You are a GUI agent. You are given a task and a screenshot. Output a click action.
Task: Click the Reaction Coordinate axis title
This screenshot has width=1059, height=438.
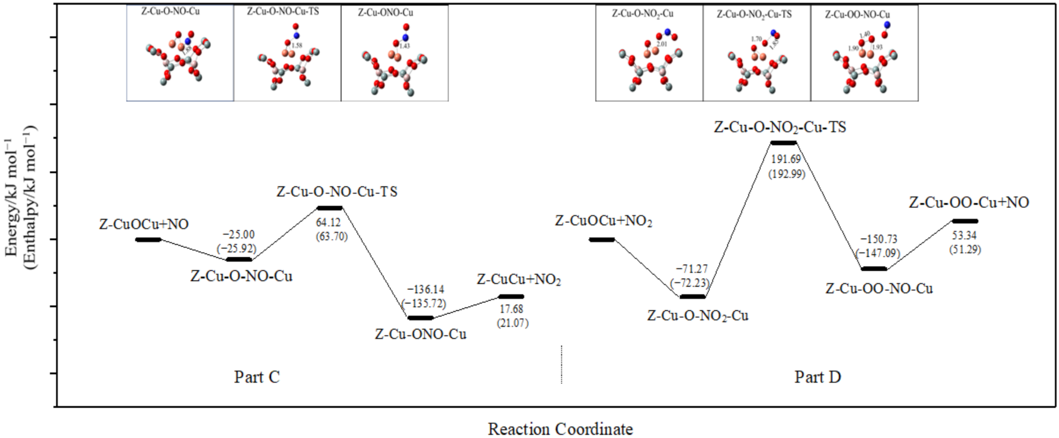[x=560, y=429]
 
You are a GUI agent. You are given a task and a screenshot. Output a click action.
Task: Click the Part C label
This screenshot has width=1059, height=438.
[x=257, y=377]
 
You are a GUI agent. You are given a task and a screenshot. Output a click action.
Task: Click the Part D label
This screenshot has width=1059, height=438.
[x=817, y=377]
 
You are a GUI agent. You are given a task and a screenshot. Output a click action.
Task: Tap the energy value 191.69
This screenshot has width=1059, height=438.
[x=786, y=160]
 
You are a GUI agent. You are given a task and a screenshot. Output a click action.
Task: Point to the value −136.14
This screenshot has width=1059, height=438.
[x=425, y=289]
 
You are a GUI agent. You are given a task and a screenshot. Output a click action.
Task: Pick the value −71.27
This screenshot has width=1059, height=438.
[x=690, y=269]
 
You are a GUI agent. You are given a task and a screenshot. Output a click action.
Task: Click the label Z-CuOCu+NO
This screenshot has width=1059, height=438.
[x=144, y=224]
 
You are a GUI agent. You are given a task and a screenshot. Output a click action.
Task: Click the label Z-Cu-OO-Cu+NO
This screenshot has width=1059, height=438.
[x=969, y=203]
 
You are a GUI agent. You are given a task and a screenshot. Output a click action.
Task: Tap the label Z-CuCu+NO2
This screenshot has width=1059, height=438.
[x=519, y=279]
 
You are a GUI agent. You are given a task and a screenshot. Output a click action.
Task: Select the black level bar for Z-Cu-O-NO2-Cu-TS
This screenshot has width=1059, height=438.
[x=784, y=143]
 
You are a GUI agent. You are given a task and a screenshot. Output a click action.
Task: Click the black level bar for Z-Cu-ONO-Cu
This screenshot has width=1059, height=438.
[x=420, y=318]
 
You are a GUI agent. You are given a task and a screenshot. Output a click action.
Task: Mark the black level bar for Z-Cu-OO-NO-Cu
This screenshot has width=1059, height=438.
[x=874, y=269]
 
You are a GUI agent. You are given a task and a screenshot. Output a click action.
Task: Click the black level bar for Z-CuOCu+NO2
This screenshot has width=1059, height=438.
[x=602, y=240]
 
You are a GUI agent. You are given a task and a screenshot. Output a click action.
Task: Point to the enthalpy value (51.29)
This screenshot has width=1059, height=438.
[x=964, y=249]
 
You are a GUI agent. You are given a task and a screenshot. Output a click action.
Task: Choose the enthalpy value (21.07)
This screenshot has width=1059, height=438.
[x=512, y=323]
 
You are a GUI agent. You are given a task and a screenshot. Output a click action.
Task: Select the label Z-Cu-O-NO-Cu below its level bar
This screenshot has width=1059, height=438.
[x=241, y=276]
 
